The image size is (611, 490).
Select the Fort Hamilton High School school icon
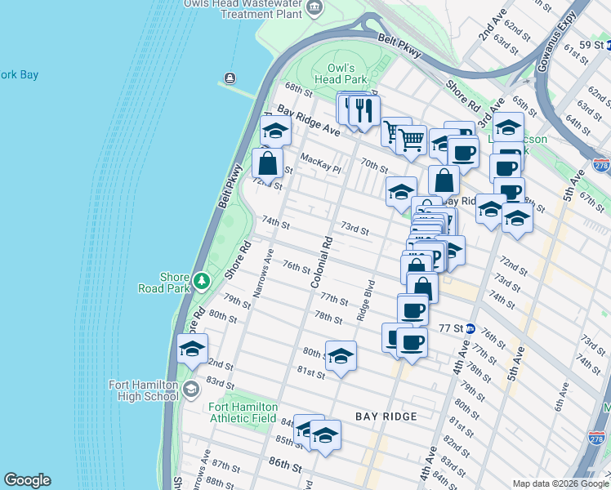(x=192, y=388)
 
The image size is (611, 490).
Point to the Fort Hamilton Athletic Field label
(x=243, y=412)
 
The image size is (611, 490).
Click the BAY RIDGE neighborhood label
(x=386, y=416)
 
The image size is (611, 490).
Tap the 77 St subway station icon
(x=471, y=327)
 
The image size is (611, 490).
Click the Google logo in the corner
(x=27, y=480)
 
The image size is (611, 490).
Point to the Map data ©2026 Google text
(x=560, y=483)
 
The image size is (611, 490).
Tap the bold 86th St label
(x=282, y=468)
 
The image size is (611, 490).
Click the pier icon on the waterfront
(x=229, y=79)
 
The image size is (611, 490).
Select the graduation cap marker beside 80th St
(x=341, y=356)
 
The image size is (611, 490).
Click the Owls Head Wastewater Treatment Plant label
(x=254, y=8)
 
